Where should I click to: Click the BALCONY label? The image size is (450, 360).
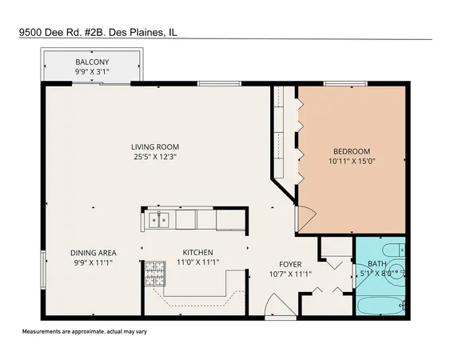(92, 62)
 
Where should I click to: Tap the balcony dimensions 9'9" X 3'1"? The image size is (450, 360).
(92, 71)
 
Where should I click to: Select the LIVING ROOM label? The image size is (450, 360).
(155, 146)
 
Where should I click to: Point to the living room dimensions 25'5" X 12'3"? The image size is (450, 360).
(155, 157)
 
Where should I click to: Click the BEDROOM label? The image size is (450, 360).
(351, 152)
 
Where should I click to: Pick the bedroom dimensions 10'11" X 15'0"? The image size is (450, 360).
(351, 162)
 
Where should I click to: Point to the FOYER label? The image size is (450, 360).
(289, 264)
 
